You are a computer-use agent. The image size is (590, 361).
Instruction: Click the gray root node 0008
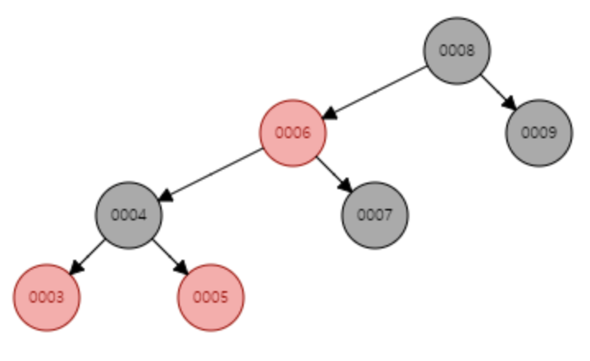(456, 50)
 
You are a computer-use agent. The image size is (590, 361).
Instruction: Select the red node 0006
(292, 132)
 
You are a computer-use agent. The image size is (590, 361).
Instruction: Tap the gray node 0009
(538, 132)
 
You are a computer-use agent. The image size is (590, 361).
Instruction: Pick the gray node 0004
(128, 215)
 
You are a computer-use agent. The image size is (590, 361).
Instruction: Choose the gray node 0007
(374, 215)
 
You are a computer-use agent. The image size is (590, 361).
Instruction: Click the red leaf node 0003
(47, 297)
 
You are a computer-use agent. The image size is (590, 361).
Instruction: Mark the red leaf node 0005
(211, 297)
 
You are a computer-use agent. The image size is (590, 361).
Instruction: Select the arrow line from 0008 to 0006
(377, 90)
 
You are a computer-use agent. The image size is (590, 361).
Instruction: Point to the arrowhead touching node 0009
(510, 104)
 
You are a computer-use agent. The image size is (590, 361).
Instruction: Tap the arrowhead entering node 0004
(164, 197)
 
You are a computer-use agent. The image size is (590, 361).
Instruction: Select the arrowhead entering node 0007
(346, 187)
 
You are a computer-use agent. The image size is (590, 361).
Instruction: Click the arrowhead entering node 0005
(182, 269)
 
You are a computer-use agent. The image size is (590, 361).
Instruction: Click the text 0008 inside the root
(456, 50)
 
